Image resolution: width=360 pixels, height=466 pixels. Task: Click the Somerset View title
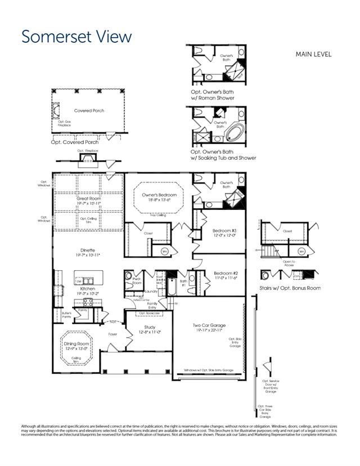coord(77,37)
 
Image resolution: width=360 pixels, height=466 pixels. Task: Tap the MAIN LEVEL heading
coord(313,55)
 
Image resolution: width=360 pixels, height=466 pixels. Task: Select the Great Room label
coord(89,199)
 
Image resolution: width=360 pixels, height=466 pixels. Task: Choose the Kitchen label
coord(87,289)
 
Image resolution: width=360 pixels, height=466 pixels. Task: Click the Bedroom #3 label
coord(224,231)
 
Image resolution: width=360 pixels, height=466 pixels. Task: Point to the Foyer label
coord(113,334)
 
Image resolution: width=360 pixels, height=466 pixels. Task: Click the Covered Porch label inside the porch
coord(89,111)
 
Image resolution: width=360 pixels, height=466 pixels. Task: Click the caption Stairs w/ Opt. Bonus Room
coord(290,288)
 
